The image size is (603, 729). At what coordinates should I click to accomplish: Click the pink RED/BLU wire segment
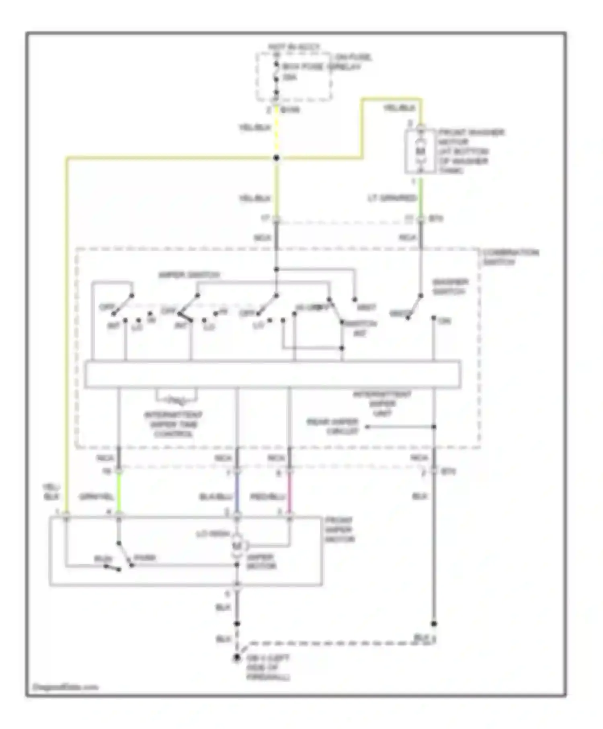(289, 494)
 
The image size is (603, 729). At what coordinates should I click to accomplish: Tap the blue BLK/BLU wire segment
(237, 494)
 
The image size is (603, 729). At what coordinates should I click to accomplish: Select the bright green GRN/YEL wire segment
(119, 494)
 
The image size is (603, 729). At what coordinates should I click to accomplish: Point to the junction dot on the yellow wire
(276, 158)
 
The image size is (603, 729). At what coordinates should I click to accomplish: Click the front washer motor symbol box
(420, 152)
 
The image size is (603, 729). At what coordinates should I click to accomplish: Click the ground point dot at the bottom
(237, 658)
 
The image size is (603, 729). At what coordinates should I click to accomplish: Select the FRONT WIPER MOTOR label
(340, 530)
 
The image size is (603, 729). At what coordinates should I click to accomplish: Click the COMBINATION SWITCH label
(510, 257)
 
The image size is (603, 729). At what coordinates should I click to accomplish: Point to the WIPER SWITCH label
(189, 275)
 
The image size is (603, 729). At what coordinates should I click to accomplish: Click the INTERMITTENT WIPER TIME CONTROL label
(173, 424)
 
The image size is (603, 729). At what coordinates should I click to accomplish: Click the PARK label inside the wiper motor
(144, 558)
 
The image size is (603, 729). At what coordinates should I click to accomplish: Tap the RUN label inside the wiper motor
(100, 559)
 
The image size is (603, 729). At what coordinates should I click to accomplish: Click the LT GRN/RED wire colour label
(392, 198)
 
